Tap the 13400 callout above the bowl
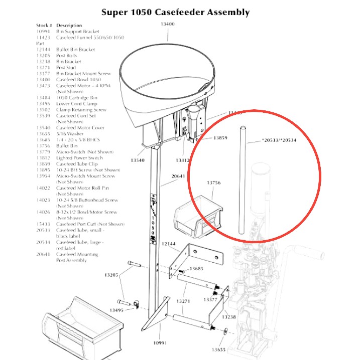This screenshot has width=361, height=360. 168,24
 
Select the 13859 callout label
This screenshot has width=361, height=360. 220,137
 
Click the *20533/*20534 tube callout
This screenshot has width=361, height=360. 279,140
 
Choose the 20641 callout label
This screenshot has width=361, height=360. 179,176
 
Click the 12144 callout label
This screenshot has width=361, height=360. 170,244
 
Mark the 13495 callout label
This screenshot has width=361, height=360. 115,311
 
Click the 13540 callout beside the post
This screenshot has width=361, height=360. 137,160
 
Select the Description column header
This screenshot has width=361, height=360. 69,25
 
